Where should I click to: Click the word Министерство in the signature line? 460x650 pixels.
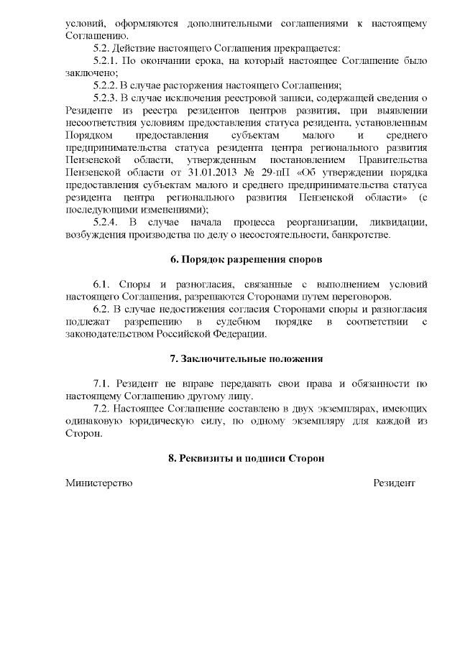(99, 483)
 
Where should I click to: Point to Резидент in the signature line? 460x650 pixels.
(394, 483)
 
